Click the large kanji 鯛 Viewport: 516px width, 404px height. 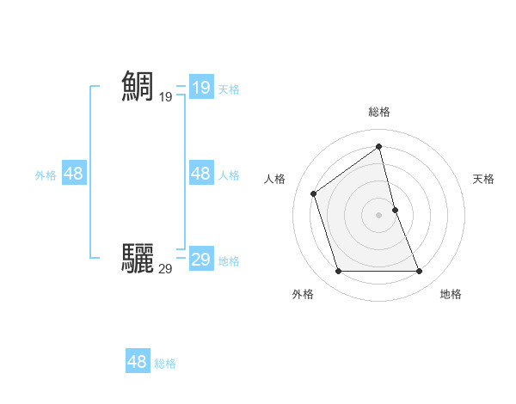click(138, 87)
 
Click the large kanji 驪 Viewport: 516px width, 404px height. click(138, 258)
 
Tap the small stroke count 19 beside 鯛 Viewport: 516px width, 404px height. click(165, 97)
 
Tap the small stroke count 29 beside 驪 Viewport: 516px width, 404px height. click(165, 269)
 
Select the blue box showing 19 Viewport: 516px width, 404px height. click(200, 88)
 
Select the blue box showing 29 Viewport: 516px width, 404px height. click(200, 260)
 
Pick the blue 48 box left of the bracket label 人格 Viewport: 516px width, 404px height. click(200, 174)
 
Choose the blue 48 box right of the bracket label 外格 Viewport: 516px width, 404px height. click(73, 174)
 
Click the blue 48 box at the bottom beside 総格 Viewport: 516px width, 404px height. click(137, 361)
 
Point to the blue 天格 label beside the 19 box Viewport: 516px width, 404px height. click(229, 89)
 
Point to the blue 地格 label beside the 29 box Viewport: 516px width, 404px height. click(229, 261)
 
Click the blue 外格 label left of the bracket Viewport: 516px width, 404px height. click(46, 175)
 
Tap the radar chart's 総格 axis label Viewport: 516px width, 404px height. click(379, 112)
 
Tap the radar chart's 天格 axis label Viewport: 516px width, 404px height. click(484, 179)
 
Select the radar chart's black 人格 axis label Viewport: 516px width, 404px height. click(275, 179)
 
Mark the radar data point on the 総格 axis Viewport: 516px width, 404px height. click(379, 146)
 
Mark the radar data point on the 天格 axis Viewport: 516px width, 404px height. click(395, 210)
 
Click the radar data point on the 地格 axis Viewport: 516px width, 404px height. click(420, 272)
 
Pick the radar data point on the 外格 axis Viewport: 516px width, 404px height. click(338, 272)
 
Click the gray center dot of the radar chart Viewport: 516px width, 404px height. click(379, 215)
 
